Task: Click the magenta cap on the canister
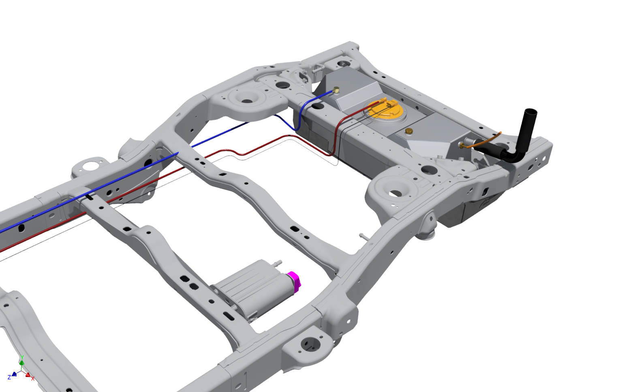(x=294, y=282)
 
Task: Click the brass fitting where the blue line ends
(x=336, y=90)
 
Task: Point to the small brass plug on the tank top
(x=409, y=131)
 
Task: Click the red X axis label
(x=33, y=378)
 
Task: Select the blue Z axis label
(x=9, y=377)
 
